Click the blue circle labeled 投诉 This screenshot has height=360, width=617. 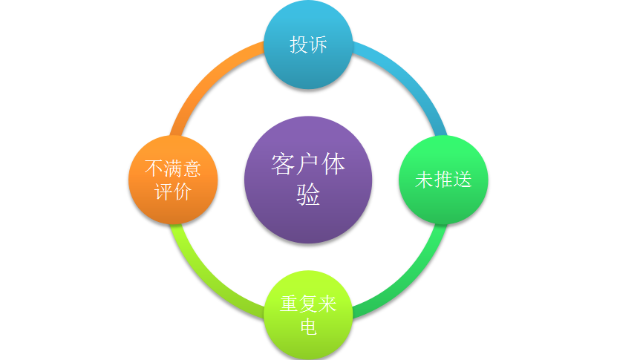point(308,45)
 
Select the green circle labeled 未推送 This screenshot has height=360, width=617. point(443,180)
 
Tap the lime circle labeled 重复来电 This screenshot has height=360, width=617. point(308,315)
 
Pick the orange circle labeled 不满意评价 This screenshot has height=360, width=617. point(173,180)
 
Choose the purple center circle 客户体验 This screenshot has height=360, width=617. point(308,180)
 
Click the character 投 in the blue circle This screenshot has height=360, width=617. point(299,45)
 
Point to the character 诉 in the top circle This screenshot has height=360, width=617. point(318,45)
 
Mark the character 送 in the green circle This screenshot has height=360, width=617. point(463,180)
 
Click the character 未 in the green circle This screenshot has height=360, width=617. point(424,180)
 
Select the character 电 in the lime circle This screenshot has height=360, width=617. point(308,327)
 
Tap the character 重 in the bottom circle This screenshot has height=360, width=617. point(289,304)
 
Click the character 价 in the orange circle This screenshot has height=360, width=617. point(183,192)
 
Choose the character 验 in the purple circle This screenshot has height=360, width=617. point(308,194)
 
